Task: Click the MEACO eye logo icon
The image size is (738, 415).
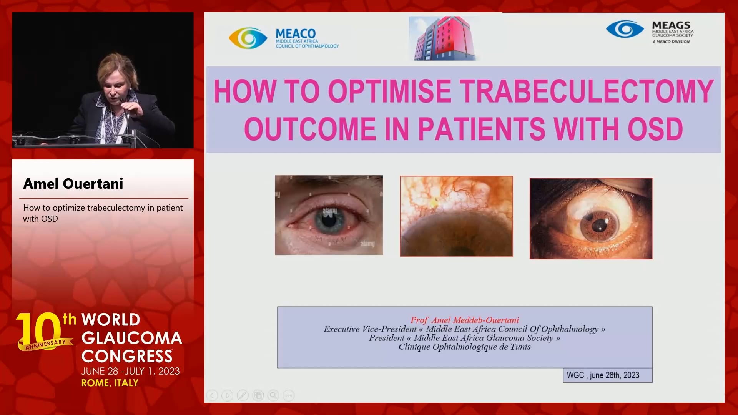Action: point(248,38)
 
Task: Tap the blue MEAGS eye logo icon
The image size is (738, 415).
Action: point(625,29)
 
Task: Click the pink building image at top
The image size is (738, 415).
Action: point(444,38)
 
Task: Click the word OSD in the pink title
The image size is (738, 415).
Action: point(655,129)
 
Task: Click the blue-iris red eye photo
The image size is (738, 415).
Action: point(329,215)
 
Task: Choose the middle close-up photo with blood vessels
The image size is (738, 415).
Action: point(456,216)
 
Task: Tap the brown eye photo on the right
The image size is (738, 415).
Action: point(591,218)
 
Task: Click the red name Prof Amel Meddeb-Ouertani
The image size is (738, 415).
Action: point(464,320)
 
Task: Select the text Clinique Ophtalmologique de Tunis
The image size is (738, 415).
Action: point(464,347)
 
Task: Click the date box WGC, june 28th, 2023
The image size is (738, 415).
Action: point(608,375)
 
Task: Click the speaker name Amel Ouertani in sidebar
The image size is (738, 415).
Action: point(73,184)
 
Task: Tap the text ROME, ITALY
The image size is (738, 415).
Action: point(110,383)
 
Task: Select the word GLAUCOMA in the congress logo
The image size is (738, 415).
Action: point(132,338)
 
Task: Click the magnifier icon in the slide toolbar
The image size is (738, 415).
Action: point(273,395)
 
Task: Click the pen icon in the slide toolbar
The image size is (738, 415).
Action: point(243,395)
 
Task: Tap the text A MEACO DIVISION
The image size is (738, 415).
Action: point(671,42)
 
